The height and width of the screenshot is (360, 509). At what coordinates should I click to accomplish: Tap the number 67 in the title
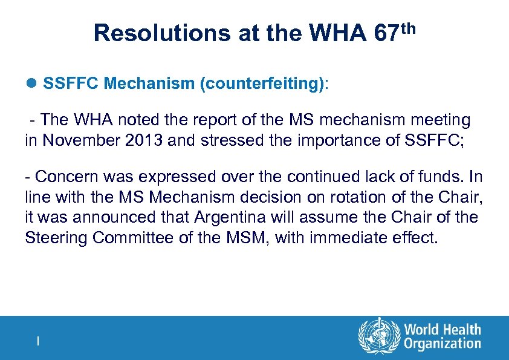click(386, 33)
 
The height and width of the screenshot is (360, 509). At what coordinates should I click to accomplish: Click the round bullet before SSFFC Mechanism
click(31, 82)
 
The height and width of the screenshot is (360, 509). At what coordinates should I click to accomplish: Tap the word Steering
click(56, 238)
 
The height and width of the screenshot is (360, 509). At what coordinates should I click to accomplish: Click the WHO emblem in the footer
click(379, 337)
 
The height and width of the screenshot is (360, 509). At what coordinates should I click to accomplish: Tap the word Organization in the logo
click(443, 344)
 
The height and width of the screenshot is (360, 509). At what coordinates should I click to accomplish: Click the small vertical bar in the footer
click(38, 341)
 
